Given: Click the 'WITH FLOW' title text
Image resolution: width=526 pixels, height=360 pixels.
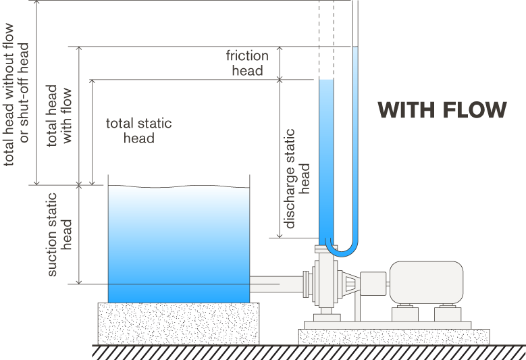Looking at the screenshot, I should coord(442,110).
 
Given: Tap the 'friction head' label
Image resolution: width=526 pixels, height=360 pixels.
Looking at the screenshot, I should coord(247,63).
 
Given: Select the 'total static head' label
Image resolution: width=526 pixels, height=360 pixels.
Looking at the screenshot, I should coord(139,131).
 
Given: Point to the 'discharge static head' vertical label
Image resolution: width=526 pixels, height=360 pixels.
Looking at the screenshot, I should coord(297,178).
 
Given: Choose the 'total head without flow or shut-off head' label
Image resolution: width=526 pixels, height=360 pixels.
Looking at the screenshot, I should coord(17,95).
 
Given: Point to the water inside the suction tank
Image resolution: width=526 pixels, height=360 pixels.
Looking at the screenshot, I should coord(179,243).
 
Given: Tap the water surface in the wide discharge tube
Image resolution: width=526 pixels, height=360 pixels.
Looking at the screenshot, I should coord(326,80).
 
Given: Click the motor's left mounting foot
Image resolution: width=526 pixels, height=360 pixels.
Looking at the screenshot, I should coord(406,313).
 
